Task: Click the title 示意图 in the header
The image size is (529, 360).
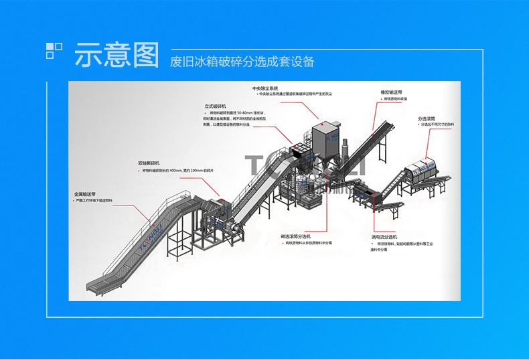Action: (117, 55)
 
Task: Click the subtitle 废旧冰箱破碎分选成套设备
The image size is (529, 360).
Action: (242, 62)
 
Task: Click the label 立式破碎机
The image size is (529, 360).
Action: (216, 106)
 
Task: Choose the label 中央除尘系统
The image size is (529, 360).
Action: (264, 88)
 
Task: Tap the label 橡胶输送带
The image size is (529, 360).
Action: (392, 92)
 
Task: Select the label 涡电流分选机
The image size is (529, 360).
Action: (384, 237)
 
